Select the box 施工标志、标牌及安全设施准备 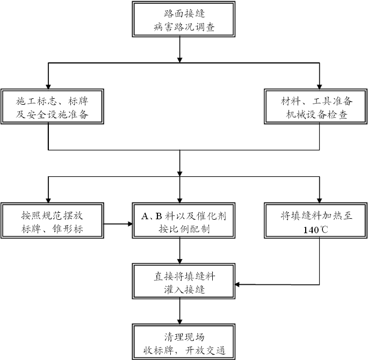[49, 107]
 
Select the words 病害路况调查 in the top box [183, 27]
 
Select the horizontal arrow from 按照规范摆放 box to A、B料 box [118, 222]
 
